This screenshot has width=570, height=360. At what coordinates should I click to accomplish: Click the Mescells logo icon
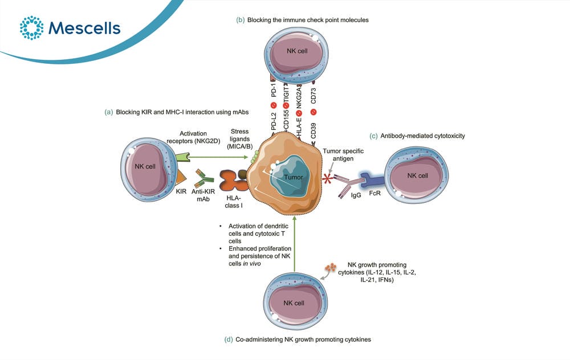point(31,27)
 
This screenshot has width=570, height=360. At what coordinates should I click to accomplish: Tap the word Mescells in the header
point(84,28)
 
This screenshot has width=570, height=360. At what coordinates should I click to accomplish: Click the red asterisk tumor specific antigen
point(328,178)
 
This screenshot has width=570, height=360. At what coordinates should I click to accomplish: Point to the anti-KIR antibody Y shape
point(203,178)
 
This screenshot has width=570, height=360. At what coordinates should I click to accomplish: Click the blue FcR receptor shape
point(372,180)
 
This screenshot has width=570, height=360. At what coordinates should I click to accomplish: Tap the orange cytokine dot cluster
point(331,268)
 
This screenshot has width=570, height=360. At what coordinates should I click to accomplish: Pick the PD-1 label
point(274,89)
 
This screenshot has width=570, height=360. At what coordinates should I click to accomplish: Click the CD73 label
point(313,96)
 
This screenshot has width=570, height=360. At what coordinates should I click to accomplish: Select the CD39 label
point(313,131)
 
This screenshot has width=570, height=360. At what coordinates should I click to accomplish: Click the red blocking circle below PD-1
point(274,105)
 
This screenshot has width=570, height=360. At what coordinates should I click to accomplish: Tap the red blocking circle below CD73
point(313,112)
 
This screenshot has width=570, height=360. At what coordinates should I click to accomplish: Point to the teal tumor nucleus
point(291,177)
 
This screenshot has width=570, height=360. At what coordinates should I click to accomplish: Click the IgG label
point(356,195)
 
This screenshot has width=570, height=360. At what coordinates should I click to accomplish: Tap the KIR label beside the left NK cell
point(181,191)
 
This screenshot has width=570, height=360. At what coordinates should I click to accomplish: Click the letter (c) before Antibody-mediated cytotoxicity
point(373,136)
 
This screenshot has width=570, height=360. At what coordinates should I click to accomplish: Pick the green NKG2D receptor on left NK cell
point(182,157)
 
